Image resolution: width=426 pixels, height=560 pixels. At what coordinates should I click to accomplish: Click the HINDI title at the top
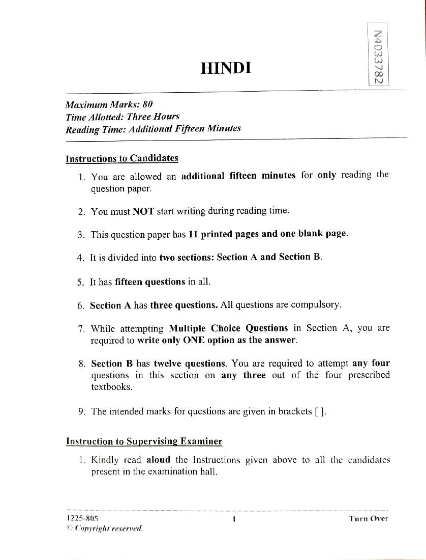click(226, 68)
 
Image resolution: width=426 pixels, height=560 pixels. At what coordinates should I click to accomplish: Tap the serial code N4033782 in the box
click(377, 57)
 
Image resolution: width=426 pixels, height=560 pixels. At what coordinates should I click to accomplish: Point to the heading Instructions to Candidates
click(122, 158)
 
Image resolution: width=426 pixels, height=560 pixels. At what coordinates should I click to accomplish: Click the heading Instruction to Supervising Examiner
click(144, 441)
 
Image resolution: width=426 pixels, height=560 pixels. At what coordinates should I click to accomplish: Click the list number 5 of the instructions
click(81, 282)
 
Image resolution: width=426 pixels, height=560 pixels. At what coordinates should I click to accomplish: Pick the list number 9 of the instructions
click(81, 412)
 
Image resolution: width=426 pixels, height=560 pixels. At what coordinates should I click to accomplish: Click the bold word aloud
click(158, 460)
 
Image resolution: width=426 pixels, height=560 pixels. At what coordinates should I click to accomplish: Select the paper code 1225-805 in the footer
click(82, 518)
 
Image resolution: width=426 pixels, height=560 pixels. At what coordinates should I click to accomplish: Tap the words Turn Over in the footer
click(369, 518)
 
